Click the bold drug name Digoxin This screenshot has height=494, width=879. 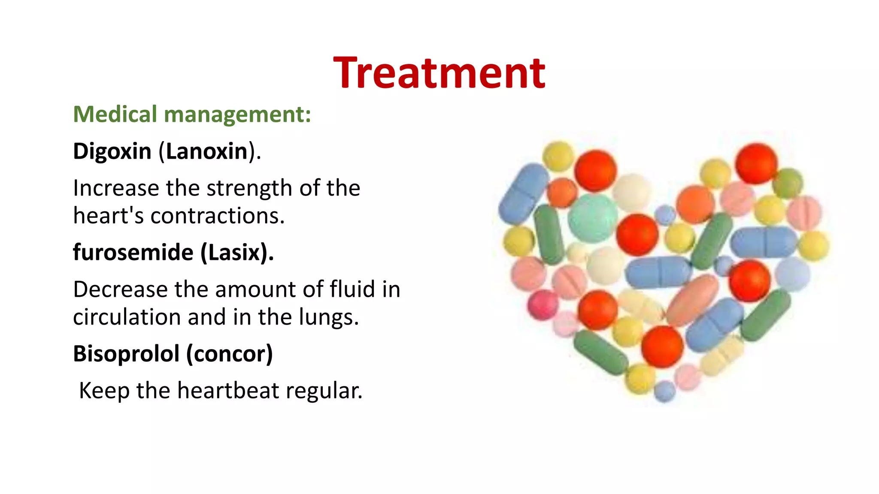tap(112, 151)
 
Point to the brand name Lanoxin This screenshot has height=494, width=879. tap(207, 151)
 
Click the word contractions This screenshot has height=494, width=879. tap(217, 216)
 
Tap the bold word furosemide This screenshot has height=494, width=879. tap(133, 252)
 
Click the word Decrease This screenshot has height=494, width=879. tap(120, 289)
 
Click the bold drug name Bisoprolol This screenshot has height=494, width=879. tap(126, 354)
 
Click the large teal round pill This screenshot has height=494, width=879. tap(592, 218)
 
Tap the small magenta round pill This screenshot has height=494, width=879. tap(543, 304)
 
